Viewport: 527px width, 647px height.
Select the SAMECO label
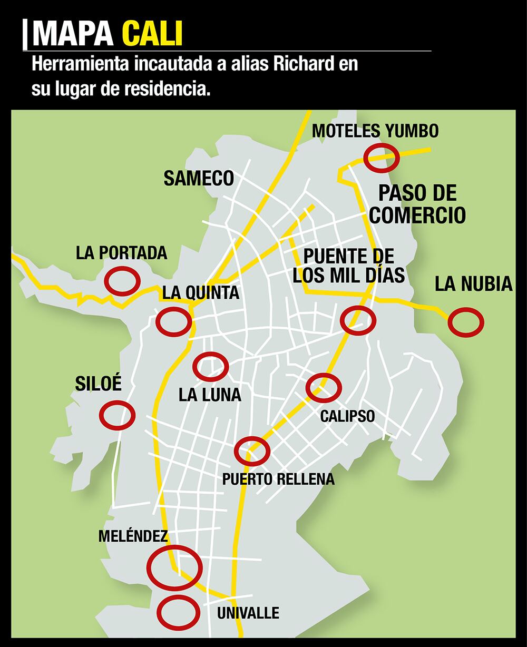(199, 178)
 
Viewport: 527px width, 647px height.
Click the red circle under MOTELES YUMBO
(381, 158)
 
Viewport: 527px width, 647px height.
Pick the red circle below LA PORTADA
(122, 281)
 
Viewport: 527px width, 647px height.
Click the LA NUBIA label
(473, 285)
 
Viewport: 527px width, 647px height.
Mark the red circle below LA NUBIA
(466, 322)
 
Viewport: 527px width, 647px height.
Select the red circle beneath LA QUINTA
(173, 321)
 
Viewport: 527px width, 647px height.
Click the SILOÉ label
(99, 383)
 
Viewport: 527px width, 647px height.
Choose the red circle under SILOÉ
(118, 415)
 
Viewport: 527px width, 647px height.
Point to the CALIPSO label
(347, 416)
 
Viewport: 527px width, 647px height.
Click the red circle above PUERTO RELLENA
(252, 451)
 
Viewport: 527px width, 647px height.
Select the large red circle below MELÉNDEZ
(174, 568)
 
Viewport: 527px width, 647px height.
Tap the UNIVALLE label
(248, 613)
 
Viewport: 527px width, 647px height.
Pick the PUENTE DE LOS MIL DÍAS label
(349, 266)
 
